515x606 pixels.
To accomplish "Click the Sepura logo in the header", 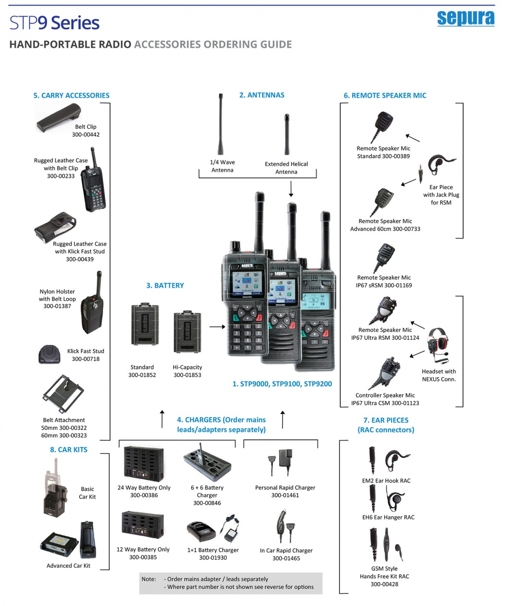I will pyautogui.click(x=466, y=18).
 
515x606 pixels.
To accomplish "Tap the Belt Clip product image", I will pyautogui.click(x=58, y=117).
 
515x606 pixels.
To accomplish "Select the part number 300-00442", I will pyautogui.click(x=86, y=134).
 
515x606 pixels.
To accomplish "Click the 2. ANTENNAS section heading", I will pyautogui.click(x=262, y=95).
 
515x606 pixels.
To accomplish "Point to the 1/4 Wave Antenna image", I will pyautogui.click(x=221, y=125).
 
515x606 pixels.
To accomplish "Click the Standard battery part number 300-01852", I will pyautogui.click(x=142, y=375).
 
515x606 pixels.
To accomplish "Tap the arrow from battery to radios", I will pyautogui.click(x=217, y=327).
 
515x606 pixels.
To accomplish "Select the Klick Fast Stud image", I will pyautogui.click(x=49, y=354).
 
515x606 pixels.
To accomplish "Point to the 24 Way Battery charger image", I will pyautogui.click(x=144, y=464).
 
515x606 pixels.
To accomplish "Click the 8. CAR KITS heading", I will pyautogui.click(x=69, y=450).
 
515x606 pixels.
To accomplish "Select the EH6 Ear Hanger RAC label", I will pyautogui.click(x=388, y=517).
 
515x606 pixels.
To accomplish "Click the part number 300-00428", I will pyautogui.click(x=384, y=584).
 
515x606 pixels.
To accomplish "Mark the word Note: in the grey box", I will pyautogui.click(x=149, y=579).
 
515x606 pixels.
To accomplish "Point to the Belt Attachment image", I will pyautogui.click(x=63, y=394).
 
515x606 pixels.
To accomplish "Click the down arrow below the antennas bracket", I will pyautogui.click(x=291, y=189).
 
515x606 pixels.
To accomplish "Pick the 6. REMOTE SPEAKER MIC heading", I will pyautogui.click(x=385, y=96).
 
